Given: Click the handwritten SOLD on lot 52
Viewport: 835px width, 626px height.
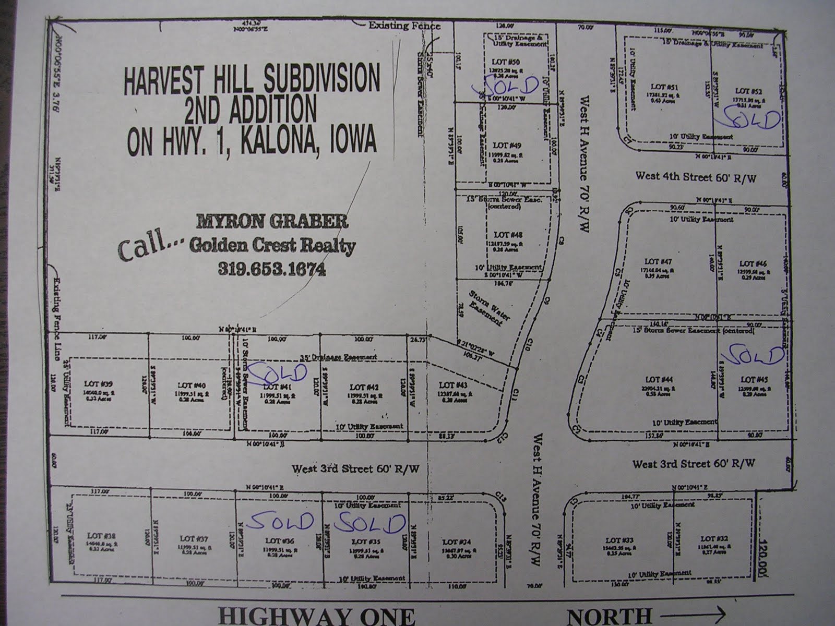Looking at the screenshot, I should point(747,121).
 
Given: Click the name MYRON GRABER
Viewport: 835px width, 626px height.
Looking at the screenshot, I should point(271,222).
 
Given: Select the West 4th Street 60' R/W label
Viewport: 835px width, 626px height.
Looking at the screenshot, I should point(696,177).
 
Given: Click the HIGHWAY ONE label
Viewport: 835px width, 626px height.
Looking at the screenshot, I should point(317,616).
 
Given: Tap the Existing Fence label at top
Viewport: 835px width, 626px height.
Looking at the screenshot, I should point(404,26).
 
